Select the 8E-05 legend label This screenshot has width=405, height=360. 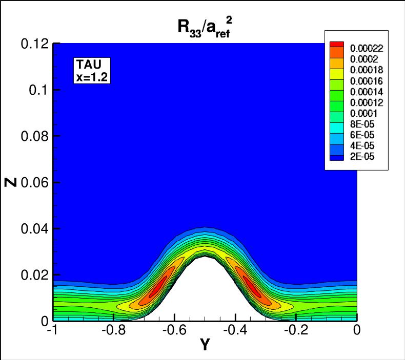tap(360, 124)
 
